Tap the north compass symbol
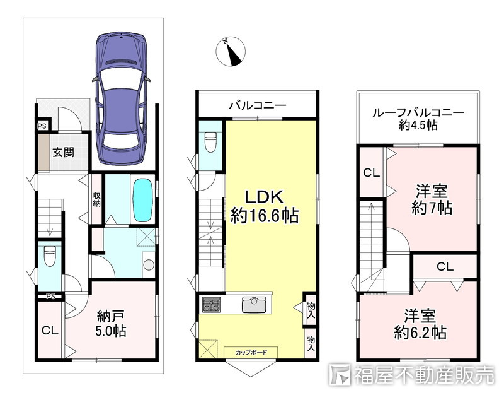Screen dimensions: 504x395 pyautogui.click(x=231, y=52)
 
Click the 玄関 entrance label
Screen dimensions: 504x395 pyautogui.click(x=64, y=152)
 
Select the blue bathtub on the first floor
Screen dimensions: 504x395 pyautogui.click(x=142, y=200)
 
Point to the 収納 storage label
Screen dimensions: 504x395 pyautogui.click(x=96, y=199)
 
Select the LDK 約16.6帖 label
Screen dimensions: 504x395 pyautogui.click(x=265, y=206)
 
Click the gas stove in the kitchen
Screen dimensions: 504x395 pyautogui.click(x=212, y=305)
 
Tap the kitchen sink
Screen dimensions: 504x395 pyautogui.click(x=255, y=305)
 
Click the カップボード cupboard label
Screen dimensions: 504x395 pyautogui.click(x=251, y=352)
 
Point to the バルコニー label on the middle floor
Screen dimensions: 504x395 pyautogui.click(x=258, y=105)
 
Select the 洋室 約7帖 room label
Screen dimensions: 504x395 pyautogui.click(x=432, y=199)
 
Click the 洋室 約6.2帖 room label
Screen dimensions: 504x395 pyautogui.click(x=420, y=324)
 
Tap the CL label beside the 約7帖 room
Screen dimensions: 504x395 pyautogui.click(x=372, y=173)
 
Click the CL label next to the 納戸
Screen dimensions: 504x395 pyautogui.click(x=50, y=330)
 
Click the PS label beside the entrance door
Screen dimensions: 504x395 pyautogui.click(x=42, y=126)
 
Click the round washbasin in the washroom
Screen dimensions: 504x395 pyautogui.click(x=149, y=265)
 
